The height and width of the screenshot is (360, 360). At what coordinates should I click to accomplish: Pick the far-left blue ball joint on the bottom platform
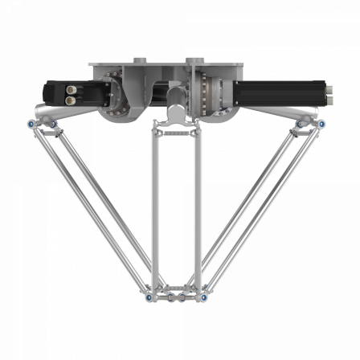tap(149, 297)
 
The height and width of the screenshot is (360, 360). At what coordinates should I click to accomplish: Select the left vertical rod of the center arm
tap(154, 209)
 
